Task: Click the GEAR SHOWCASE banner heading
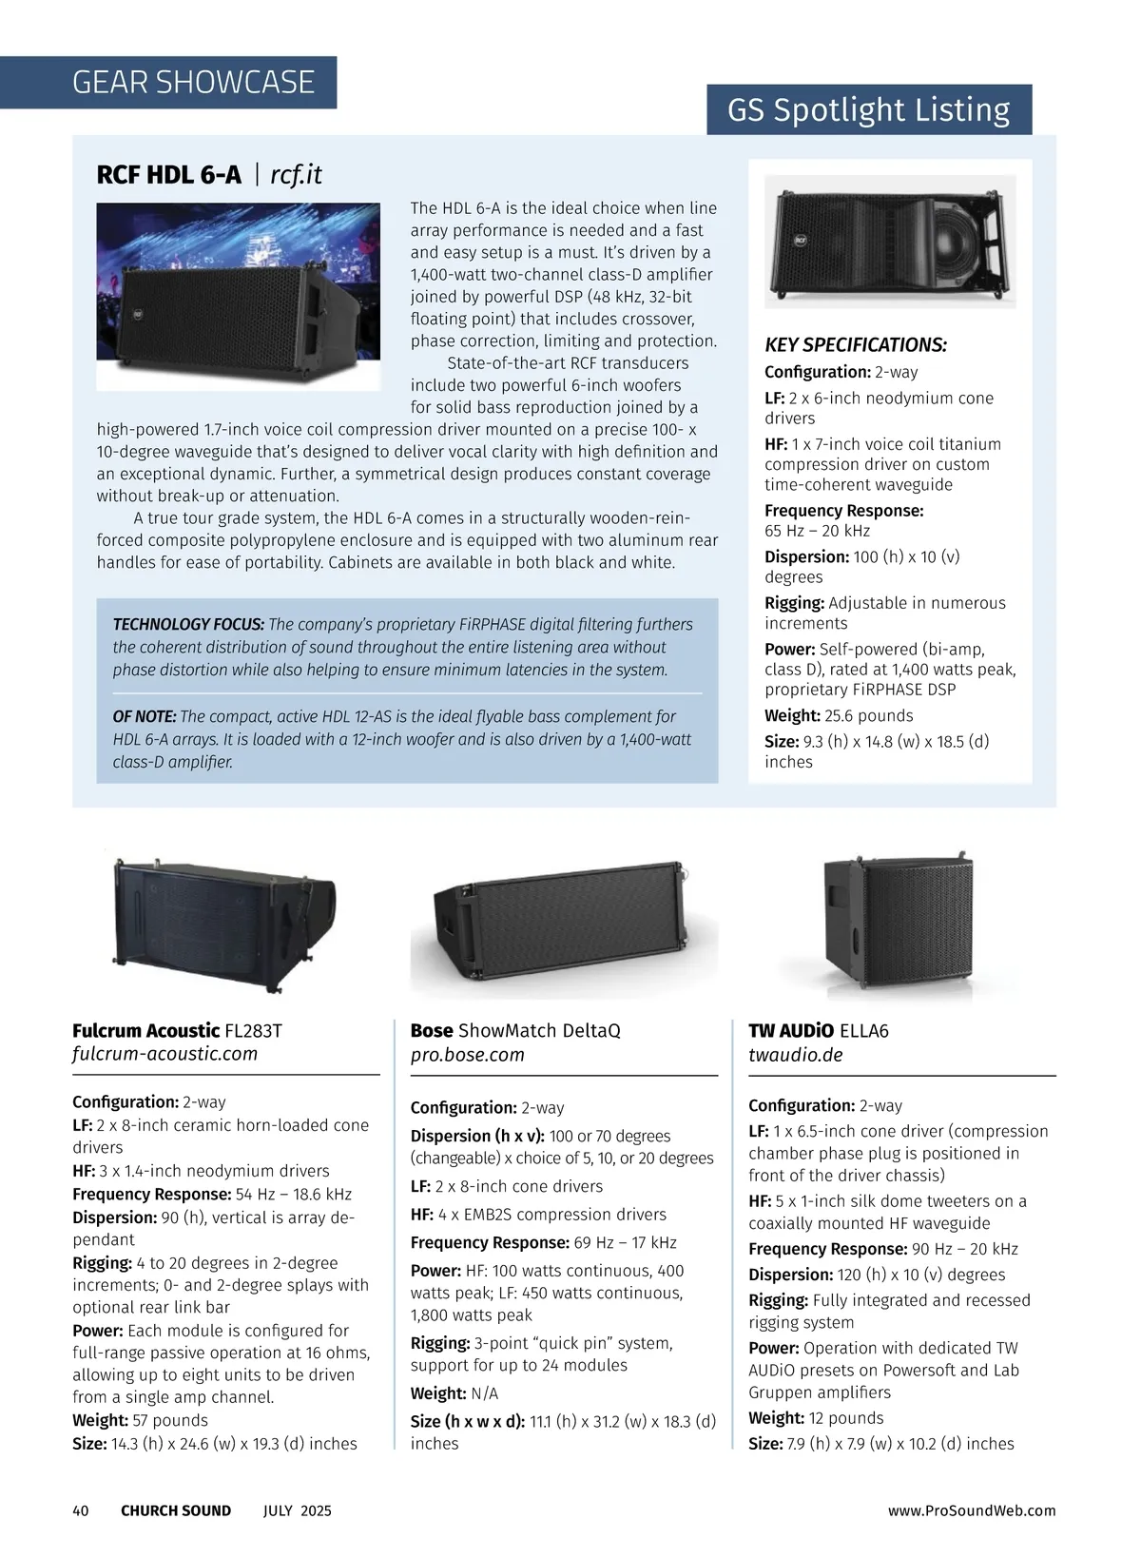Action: pos(193,83)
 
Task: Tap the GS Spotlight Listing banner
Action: pos(868,110)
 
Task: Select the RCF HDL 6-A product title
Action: pos(169,175)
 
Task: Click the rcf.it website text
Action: pos(297,175)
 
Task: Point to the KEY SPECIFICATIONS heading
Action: pos(856,345)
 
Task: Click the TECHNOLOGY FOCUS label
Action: pos(188,625)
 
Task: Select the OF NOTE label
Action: pos(145,716)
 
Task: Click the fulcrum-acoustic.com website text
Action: pos(164,1054)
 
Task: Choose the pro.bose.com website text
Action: pos(467,1055)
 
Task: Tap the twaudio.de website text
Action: pos(795,1055)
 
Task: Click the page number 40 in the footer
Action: pos(81,1510)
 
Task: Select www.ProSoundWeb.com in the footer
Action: pos(972,1510)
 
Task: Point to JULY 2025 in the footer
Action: pos(298,1510)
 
